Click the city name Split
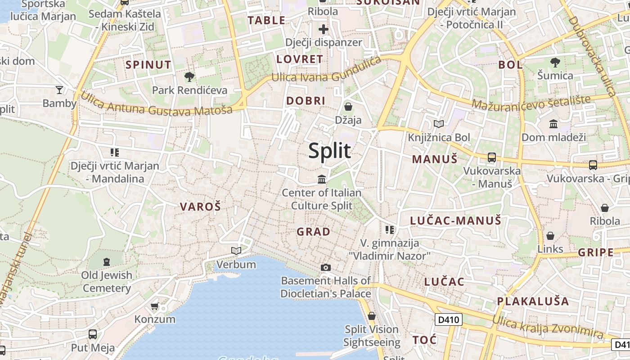pyautogui.click(x=329, y=151)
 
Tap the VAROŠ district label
pyautogui.click(x=201, y=207)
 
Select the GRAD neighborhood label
pyautogui.click(x=314, y=232)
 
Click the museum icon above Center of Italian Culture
pyautogui.click(x=322, y=180)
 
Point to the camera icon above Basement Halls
pyautogui.click(x=326, y=267)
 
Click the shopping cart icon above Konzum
pyautogui.click(x=155, y=306)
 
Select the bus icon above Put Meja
pyautogui.click(x=93, y=334)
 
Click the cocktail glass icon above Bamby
pyautogui.click(x=59, y=90)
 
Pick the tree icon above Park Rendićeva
pyautogui.click(x=189, y=77)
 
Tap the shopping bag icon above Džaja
pyautogui.click(x=348, y=107)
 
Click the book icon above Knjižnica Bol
pyautogui.click(x=439, y=124)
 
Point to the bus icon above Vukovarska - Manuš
pyautogui.click(x=492, y=157)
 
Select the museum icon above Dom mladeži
pyautogui.click(x=553, y=123)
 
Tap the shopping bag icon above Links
pyautogui.click(x=550, y=236)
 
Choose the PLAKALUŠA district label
pyautogui.click(x=533, y=301)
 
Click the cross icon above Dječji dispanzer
pyautogui.click(x=324, y=29)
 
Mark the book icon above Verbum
pyautogui.click(x=236, y=251)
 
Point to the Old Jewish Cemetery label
pyautogui.click(x=107, y=281)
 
